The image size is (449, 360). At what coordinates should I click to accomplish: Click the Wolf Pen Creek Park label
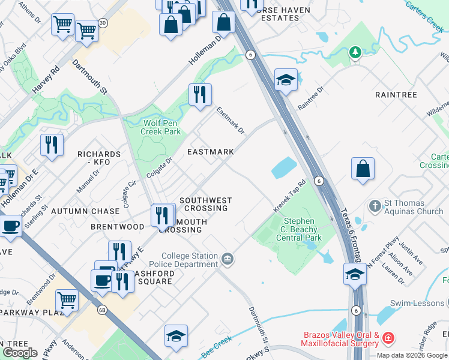tap(161, 127)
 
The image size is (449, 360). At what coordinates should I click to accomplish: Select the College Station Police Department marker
tap(228, 260)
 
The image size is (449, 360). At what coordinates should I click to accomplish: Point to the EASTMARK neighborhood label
tap(210, 152)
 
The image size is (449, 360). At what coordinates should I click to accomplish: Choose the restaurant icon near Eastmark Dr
tap(200, 94)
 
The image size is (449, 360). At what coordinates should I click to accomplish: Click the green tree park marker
tap(355, 53)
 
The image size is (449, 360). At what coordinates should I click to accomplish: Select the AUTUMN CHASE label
tap(85, 211)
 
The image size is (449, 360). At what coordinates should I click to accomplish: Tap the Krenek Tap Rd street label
tap(290, 196)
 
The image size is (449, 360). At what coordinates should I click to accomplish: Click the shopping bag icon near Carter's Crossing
tap(363, 169)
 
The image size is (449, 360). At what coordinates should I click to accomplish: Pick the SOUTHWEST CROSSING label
tap(205, 204)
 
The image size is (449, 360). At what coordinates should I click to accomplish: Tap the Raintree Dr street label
tap(310, 97)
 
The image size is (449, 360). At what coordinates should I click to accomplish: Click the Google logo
tap(20, 353)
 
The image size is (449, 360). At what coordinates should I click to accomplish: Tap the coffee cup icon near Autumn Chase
tap(10, 226)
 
